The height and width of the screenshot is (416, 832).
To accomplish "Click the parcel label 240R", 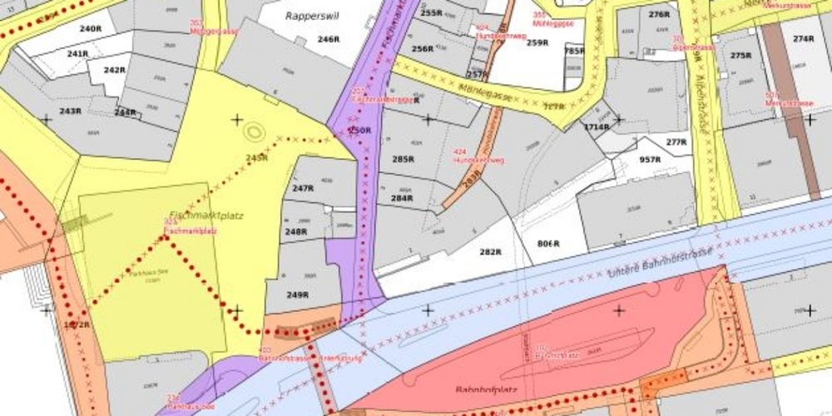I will [90, 28].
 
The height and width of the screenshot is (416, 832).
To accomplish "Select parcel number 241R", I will [78, 54].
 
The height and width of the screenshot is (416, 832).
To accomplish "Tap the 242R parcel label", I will [115, 70].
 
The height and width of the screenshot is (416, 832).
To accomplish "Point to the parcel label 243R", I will [70, 111].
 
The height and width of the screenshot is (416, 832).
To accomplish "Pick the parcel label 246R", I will [329, 39].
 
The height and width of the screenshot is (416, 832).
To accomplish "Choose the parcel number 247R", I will [303, 189].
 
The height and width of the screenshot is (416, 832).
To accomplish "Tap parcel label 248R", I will [297, 231].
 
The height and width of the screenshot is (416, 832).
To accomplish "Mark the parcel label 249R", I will [298, 295].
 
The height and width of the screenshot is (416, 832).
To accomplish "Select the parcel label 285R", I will [403, 159].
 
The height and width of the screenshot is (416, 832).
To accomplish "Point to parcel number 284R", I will [402, 199].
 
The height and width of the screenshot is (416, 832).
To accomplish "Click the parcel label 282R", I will [490, 252].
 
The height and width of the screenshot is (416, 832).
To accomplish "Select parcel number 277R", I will [676, 142].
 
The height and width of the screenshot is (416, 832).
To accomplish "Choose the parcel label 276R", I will [660, 15].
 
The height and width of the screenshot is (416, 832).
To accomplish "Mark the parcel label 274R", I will [803, 39].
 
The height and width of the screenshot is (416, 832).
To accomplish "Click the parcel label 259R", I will [537, 42].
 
